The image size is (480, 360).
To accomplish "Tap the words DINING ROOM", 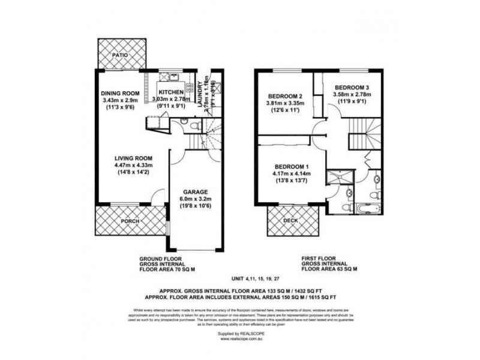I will point(120,93).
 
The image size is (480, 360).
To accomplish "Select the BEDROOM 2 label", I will point(284,96).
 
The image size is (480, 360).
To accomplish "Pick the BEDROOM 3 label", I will point(352,86).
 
